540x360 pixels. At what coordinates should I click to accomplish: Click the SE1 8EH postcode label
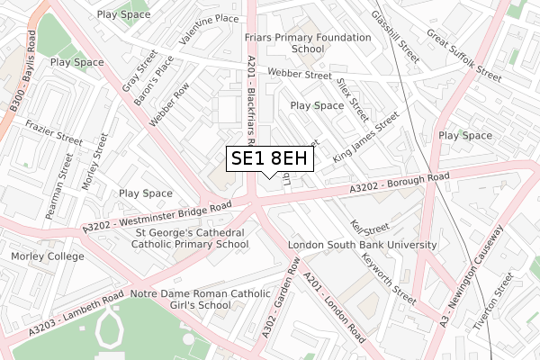click(270, 158)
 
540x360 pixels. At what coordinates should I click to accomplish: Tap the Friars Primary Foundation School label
click(308, 43)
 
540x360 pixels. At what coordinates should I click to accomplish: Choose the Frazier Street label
click(54, 134)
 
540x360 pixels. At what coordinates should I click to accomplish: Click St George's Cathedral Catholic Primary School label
click(190, 237)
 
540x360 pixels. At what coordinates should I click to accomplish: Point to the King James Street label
click(365, 138)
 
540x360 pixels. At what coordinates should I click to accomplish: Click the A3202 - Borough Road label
click(400, 185)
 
